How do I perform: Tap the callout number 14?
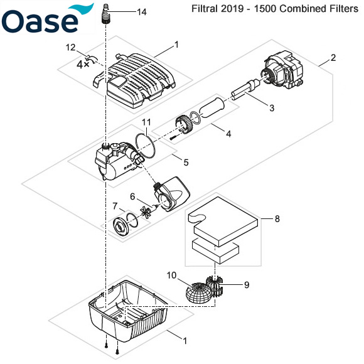click(x=141, y=12)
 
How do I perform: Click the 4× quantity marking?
click(x=83, y=64)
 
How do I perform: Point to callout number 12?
click(x=71, y=47)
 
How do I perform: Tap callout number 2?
click(x=333, y=58)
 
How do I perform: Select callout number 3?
click(x=272, y=109)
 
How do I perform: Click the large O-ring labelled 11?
click(x=145, y=146)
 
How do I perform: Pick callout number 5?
click(x=186, y=162)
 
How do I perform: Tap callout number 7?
click(x=114, y=205)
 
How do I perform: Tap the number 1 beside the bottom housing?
click(x=185, y=341)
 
